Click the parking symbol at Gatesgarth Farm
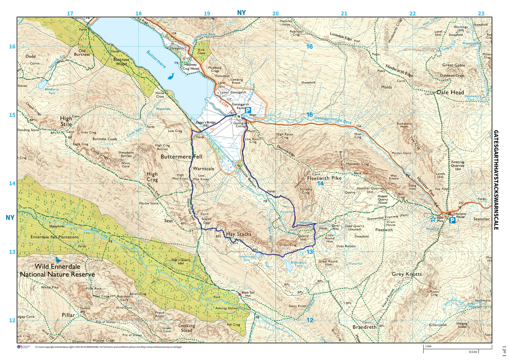248,110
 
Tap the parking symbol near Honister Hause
452,220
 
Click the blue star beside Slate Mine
433,219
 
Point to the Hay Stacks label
239,234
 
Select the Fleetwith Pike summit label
324,178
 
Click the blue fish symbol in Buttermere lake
171,76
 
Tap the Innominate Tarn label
246,258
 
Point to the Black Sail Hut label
248,294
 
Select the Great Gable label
454,65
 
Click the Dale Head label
450,92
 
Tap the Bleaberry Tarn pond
42,85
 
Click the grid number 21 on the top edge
344,13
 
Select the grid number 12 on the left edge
12,320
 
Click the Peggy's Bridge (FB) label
206,124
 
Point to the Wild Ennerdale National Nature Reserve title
57,270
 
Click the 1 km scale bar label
428,346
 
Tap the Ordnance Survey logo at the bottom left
24,347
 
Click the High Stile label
66,121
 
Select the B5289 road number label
224,104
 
